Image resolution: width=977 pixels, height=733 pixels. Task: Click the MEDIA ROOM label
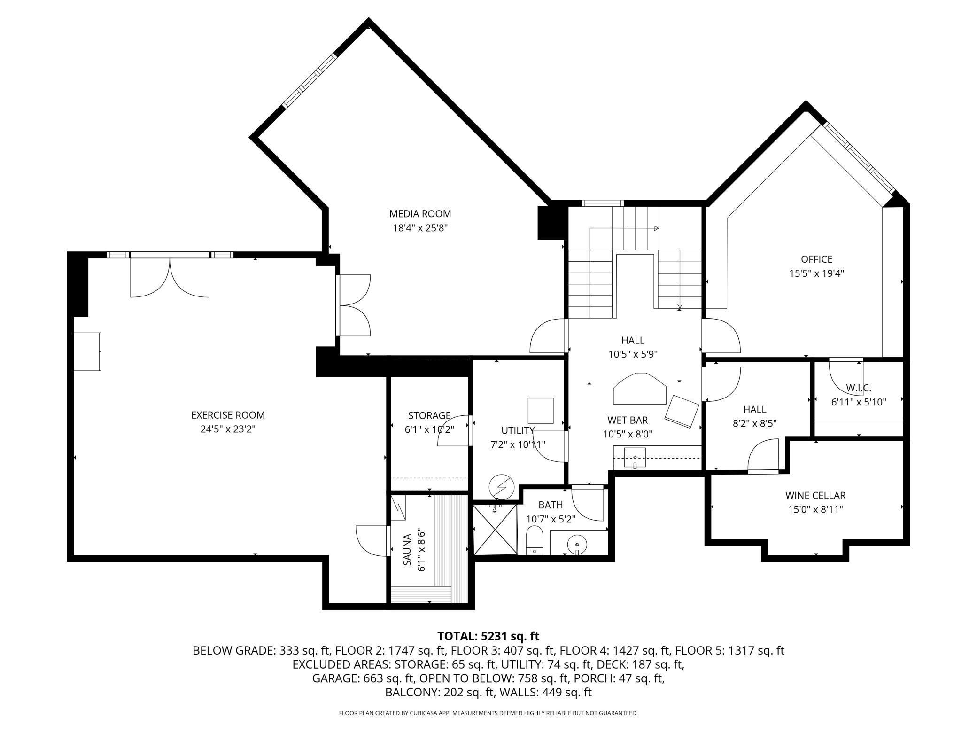pyautogui.click(x=420, y=214)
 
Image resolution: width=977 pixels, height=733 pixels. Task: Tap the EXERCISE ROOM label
pyautogui.click(x=228, y=415)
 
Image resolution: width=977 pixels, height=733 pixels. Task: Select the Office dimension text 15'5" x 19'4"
pyautogui.click(x=816, y=273)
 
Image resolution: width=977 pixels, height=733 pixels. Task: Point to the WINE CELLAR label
pyautogui.click(x=815, y=495)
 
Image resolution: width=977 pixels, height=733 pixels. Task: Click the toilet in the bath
pyautogui.click(x=535, y=540)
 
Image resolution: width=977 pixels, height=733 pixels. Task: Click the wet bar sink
pyautogui.click(x=635, y=458)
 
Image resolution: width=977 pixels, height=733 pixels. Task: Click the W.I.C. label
pyautogui.click(x=859, y=388)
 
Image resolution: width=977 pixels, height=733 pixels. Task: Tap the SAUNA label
pyautogui.click(x=407, y=550)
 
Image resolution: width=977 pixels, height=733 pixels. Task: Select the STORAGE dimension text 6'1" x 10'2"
pyautogui.click(x=429, y=429)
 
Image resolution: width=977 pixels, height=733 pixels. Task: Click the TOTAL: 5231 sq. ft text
pyautogui.click(x=488, y=636)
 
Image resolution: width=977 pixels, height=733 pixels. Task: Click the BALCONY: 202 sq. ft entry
pyautogui.click(x=440, y=692)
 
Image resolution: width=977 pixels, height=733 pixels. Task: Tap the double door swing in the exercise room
pyautogui.click(x=170, y=277)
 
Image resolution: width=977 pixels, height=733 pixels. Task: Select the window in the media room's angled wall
pyautogui.click(x=310, y=80)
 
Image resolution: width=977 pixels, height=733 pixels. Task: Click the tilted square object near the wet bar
pyautogui.click(x=682, y=411)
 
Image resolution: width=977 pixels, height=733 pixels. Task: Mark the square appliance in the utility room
pyautogui.click(x=540, y=411)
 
